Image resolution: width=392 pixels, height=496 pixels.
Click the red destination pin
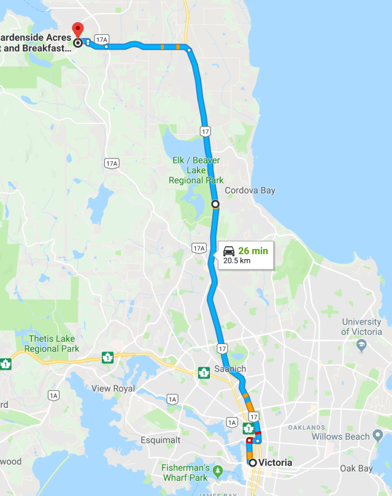coord(78,30)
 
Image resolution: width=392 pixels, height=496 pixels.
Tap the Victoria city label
coord(275,462)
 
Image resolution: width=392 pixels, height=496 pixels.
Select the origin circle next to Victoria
coord(252,462)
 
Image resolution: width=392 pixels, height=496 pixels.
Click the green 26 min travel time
coord(253,250)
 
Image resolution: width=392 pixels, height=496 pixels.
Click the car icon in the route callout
coord(229,251)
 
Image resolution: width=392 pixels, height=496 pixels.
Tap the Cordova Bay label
coord(250,190)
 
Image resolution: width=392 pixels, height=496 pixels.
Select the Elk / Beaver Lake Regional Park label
coord(196,171)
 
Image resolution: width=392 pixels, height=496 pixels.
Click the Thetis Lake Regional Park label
coord(52,344)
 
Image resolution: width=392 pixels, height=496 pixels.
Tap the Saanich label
coord(230,369)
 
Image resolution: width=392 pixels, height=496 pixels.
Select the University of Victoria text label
coord(361,327)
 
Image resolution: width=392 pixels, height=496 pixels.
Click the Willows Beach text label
coord(340,437)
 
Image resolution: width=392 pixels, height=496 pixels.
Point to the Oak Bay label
coord(357,468)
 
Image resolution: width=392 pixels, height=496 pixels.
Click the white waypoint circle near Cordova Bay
coord(215,204)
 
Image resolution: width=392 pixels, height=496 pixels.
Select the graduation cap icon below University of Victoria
coord(361,346)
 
